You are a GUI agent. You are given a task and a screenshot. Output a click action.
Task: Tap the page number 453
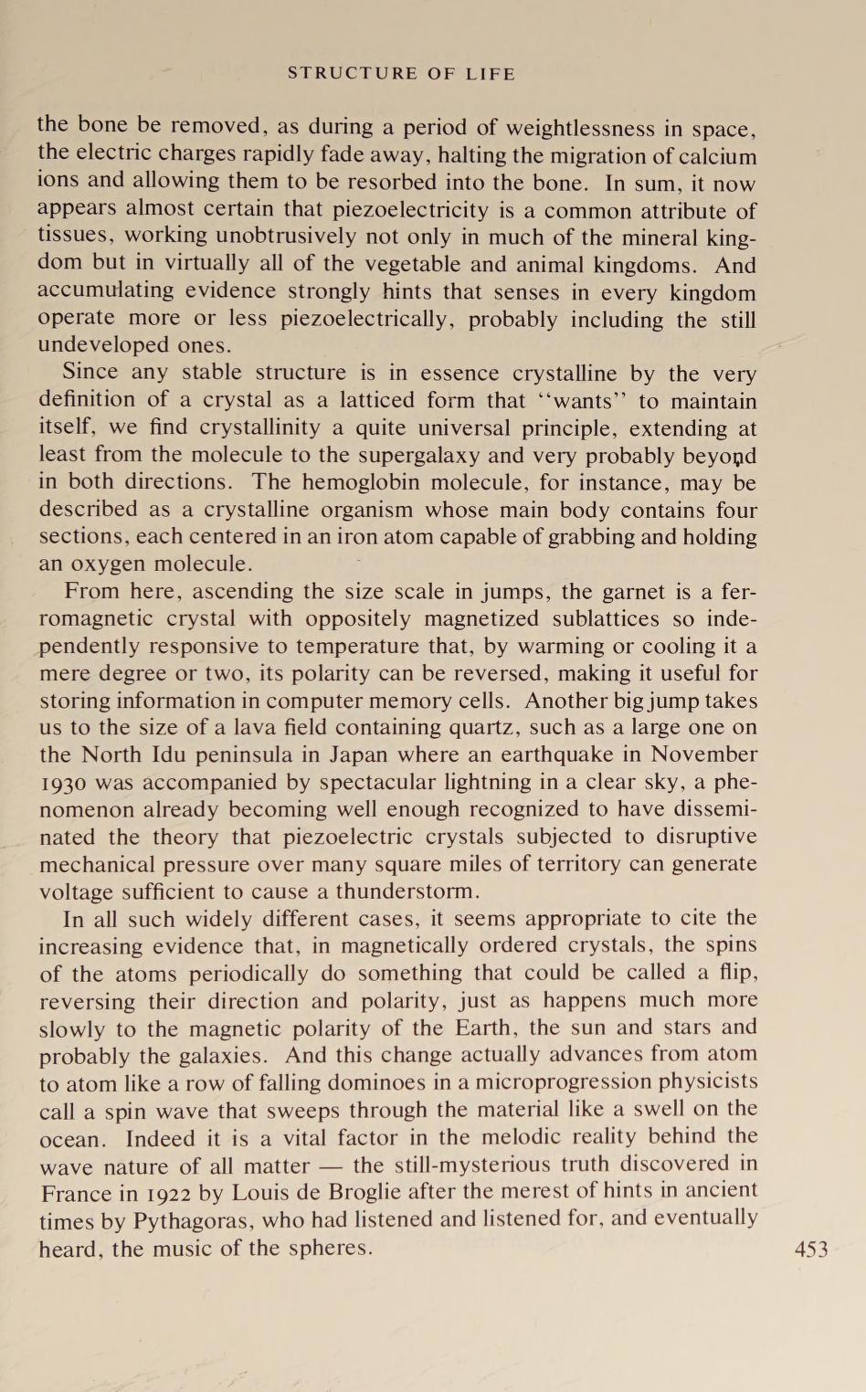tap(811, 1249)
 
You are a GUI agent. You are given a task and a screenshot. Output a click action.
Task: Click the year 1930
tap(62, 783)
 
